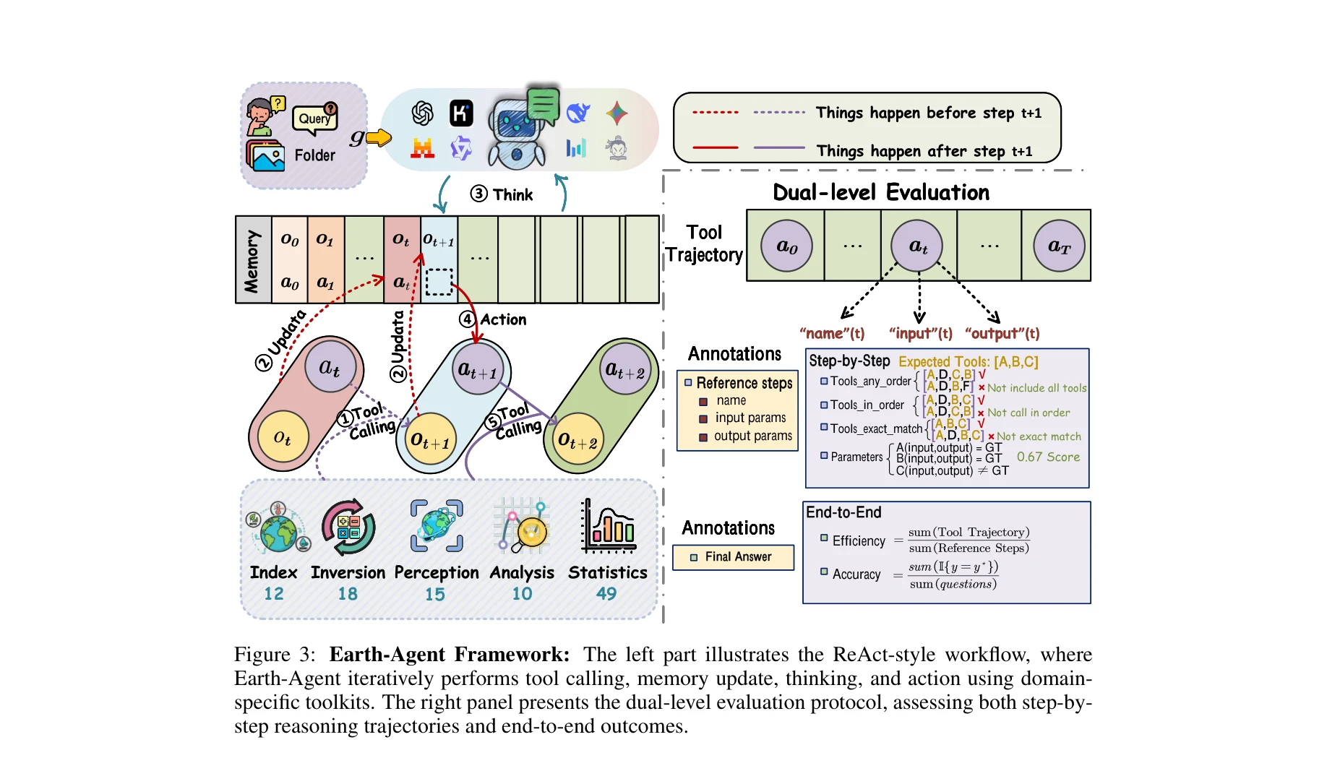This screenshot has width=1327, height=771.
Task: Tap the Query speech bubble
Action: click(315, 119)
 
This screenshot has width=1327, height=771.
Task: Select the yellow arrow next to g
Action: click(379, 137)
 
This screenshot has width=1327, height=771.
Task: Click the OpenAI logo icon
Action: click(422, 113)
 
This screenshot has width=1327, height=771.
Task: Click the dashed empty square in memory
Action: click(439, 283)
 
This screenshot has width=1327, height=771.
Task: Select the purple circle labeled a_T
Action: click(1058, 246)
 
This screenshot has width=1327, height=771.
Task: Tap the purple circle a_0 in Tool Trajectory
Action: click(786, 246)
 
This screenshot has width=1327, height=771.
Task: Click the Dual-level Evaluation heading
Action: click(881, 193)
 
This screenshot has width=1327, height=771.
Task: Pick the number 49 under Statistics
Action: click(606, 594)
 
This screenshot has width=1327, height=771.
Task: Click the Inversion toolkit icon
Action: click(348, 527)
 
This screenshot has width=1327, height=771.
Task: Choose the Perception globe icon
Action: click(437, 526)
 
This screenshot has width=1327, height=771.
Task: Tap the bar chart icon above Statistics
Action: click(608, 526)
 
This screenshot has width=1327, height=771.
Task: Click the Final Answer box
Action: click(733, 557)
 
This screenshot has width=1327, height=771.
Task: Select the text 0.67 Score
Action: click(1048, 457)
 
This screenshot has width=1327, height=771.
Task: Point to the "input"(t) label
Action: click(920, 333)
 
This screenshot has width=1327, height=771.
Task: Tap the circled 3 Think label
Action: click(502, 194)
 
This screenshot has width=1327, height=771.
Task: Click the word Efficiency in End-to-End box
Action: click(858, 541)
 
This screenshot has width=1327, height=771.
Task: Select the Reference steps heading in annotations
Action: click(744, 383)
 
